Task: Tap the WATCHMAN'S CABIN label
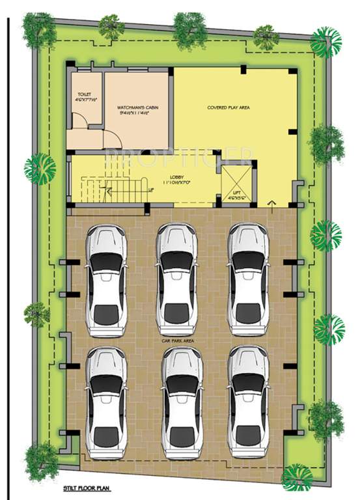pyautogui.click(x=137, y=107)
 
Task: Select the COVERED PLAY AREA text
pyautogui.click(x=228, y=107)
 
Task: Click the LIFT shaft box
pyautogui.click(x=236, y=185)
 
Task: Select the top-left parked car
pyautogui.click(x=107, y=280)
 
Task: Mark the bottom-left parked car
pyautogui.click(x=107, y=401)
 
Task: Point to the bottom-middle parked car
pyautogui.click(x=182, y=401)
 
